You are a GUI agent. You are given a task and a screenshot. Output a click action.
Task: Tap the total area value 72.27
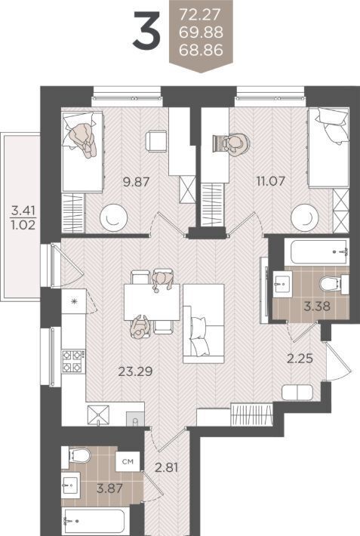click(x=201, y=14)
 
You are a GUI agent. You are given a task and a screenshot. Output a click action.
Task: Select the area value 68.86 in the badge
click(x=201, y=50)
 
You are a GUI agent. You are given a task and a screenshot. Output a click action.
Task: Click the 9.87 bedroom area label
click(x=136, y=181)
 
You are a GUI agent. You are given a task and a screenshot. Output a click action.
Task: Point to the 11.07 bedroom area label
click(x=271, y=180)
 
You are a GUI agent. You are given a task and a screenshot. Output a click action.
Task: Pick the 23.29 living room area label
click(x=135, y=371)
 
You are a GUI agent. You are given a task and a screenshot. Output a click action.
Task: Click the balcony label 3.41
click(x=23, y=210)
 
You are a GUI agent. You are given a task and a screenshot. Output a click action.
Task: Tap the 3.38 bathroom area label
click(x=317, y=306)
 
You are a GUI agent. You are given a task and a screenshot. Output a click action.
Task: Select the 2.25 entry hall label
click(x=300, y=359)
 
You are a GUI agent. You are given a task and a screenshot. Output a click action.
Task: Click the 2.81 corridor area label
click(x=167, y=467)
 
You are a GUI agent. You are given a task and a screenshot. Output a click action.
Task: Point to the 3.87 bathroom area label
click(x=109, y=488)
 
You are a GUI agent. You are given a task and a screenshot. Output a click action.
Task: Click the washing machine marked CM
click(x=128, y=461)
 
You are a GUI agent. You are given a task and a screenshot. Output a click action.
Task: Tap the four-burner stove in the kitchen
click(x=73, y=362)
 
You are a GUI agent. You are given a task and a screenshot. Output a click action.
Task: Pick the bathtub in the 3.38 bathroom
click(x=316, y=252)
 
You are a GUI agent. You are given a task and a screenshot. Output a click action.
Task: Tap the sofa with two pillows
click(x=204, y=323)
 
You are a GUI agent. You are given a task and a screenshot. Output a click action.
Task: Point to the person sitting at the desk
click(x=236, y=144)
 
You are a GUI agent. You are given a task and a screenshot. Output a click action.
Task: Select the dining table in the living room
click(x=152, y=302)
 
